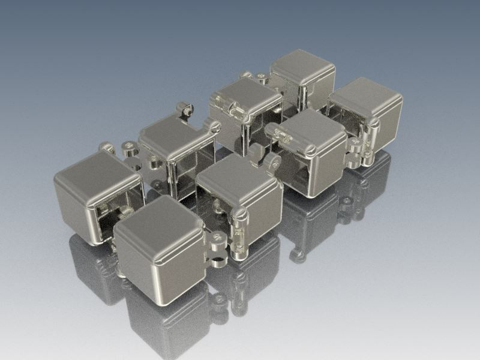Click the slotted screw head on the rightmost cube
tap(374, 123)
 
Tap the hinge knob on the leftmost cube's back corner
tap(107, 147)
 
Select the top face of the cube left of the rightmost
tap(306, 129)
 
